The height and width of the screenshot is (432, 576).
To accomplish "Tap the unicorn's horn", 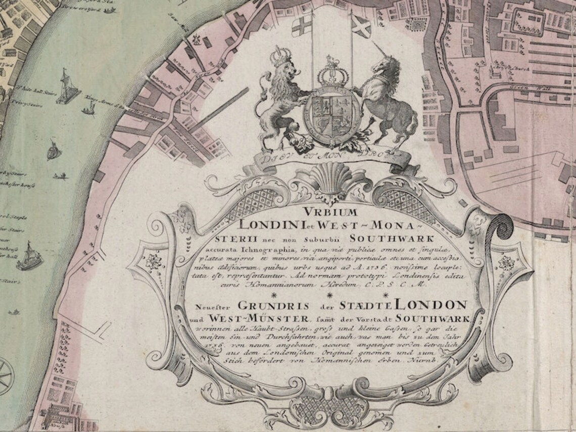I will pos(378,50).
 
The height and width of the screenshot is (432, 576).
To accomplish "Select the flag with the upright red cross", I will pos(303,24).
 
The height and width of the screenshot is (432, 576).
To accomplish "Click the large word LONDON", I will pos(433,304).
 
